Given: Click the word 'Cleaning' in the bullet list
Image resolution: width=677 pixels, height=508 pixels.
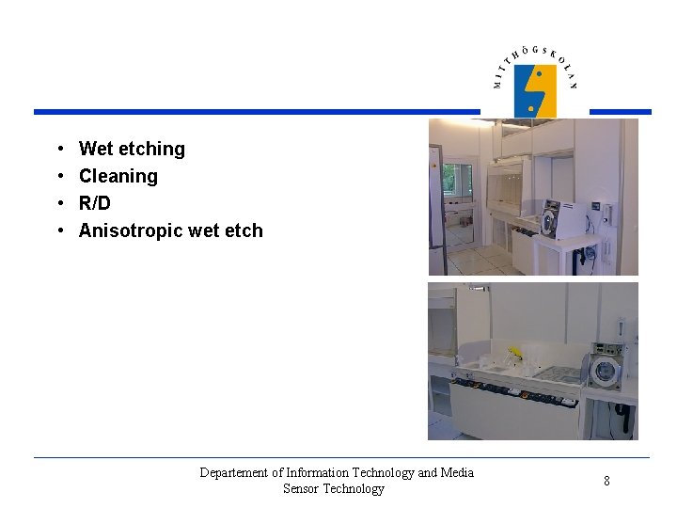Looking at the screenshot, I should click(118, 176).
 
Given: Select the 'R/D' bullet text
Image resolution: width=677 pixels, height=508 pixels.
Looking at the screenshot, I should click(94, 203).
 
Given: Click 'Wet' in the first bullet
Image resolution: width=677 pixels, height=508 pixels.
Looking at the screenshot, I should click(96, 149).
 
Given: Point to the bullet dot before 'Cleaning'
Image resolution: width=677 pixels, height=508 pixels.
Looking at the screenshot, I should click(59, 176).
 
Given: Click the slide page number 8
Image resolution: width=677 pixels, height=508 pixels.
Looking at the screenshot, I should click(606, 481).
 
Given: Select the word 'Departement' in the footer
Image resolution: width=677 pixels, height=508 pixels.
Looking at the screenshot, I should click(234, 472).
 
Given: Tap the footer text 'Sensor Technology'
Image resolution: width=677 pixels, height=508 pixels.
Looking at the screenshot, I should click(334, 488).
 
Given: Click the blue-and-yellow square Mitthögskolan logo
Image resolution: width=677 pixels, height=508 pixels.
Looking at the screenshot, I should click(535, 90).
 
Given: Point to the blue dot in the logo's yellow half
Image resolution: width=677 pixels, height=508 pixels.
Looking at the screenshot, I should click(539, 73).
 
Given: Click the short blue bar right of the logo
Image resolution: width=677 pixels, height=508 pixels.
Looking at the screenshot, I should click(620, 112).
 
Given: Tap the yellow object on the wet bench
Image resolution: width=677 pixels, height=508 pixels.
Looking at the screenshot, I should click(514, 355).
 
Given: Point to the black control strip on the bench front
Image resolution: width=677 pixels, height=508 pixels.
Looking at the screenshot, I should click(512, 389).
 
